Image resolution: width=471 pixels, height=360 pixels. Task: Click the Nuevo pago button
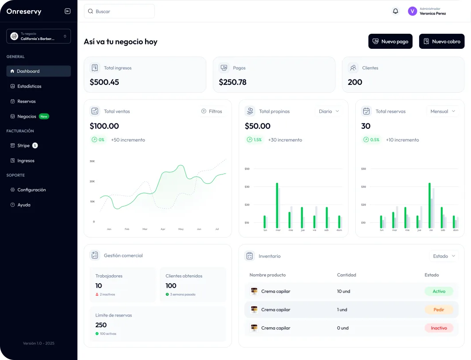[390, 41]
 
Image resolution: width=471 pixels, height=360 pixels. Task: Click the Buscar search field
[119, 12]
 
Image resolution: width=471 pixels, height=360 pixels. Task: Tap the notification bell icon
[396, 11]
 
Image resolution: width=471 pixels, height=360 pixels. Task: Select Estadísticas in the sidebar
[29, 86]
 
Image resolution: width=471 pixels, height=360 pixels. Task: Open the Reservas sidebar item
[27, 101]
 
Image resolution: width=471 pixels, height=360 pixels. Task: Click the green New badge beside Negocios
[44, 116]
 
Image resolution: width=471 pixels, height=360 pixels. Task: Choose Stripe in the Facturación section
[24, 146]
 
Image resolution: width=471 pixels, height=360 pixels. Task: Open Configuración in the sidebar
[31, 190]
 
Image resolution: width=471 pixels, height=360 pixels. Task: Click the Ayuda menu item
[24, 205]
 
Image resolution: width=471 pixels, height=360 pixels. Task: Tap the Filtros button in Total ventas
[212, 111]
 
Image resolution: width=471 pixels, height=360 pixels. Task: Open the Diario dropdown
[329, 111]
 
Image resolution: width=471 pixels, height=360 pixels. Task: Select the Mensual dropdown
[443, 111]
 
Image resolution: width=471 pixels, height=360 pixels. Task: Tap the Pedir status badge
[439, 310]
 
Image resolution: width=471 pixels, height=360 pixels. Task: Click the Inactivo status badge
[439, 328]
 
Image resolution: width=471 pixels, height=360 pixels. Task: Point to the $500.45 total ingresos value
[104, 82]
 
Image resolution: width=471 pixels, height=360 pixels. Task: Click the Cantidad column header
[346, 275]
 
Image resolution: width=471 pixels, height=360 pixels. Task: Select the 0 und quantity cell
[343, 328]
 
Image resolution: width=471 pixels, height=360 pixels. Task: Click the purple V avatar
[412, 11]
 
